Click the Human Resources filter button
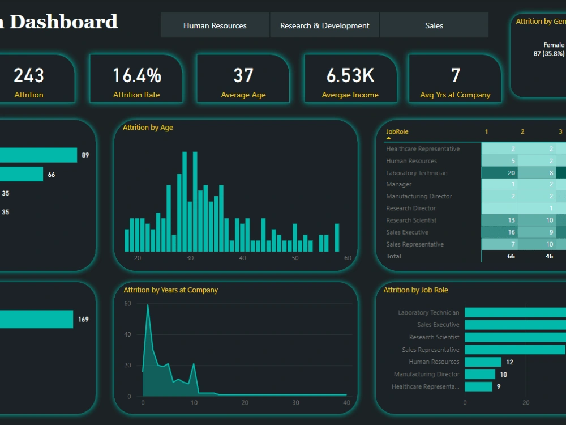[x=215, y=25]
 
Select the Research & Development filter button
[x=324, y=25]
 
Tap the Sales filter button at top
[x=434, y=25]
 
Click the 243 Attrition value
[x=29, y=75]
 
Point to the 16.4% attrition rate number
[x=136, y=75]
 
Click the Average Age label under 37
[x=243, y=95]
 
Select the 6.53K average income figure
[x=350, y=75]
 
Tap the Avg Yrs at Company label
[x=455, y=95]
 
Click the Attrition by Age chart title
[x=148, y=127]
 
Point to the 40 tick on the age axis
[x=242, y=258]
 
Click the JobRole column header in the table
[x=397, y=132]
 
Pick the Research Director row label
[x=411, y=209]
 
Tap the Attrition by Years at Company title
[x=170, y=290]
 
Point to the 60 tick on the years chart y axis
[x=127, y=304]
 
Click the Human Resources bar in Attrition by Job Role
[x=483, y=362]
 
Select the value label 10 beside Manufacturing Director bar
[x=503, y=375]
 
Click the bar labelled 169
[x=36, y=319]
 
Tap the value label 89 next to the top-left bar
[x=85, y=155]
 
